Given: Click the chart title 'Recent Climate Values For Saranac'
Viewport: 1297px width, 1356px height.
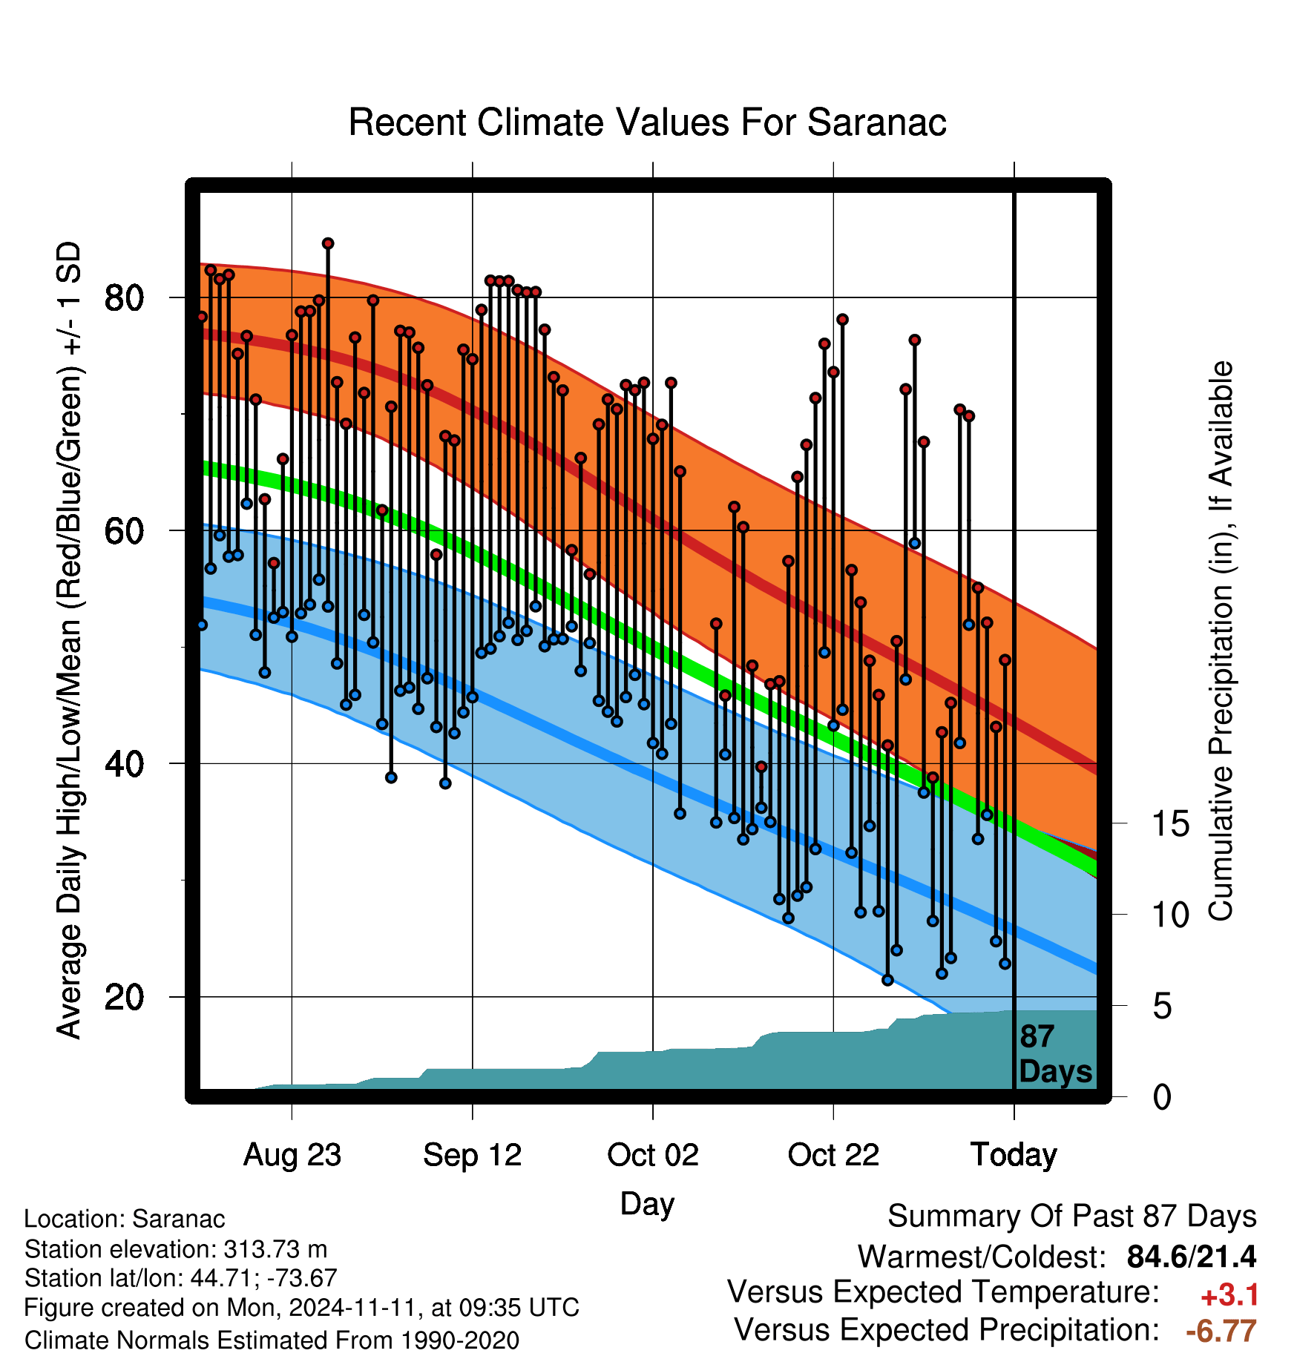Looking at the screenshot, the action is click(647, 122).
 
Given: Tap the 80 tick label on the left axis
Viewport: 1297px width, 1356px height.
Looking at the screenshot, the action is click(124, 298).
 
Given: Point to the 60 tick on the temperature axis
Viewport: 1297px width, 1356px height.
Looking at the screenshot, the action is click(124, 531).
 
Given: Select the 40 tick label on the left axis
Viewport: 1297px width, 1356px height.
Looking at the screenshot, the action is click(124, 764).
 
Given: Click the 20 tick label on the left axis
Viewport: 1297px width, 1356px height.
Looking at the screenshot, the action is click(124, 997).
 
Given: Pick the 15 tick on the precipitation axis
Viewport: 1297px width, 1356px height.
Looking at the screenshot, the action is click(1171, 824).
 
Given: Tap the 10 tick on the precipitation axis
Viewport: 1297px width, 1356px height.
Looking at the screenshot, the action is click(1171, 915).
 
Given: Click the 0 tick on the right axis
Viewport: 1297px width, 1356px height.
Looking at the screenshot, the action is click(1162, 1097).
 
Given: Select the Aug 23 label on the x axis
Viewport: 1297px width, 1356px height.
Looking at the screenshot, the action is click(292, 1155).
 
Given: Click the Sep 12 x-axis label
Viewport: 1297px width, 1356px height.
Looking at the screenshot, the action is click(473, 1155).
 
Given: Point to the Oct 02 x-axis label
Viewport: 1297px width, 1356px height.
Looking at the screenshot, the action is click(653, 1155).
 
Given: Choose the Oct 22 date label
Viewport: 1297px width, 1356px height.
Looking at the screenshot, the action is click(833, 1155).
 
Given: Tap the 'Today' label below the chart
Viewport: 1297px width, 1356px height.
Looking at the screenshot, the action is click(1014, 1155).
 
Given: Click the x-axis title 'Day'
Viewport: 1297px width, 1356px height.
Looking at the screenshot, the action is click(647, 1203).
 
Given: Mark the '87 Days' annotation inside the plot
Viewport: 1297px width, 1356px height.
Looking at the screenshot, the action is click(1055, 1054).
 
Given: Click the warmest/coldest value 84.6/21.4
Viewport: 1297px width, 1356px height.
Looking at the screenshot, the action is click(1192, 1257).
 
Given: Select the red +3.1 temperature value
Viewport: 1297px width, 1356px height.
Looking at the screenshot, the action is click(1229, 1295).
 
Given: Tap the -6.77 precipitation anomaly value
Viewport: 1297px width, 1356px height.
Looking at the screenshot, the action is click(1221, 1331).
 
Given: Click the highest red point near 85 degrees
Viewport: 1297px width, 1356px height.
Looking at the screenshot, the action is click(328, 243).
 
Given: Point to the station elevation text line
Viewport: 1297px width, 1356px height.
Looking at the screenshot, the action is click(176, 1250).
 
